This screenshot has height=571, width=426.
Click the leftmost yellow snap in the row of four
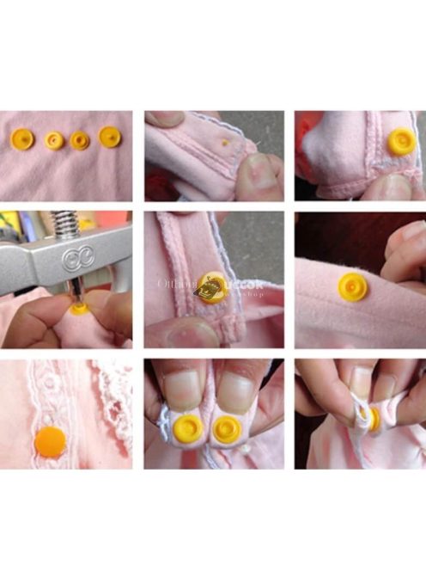(x=22, y=138)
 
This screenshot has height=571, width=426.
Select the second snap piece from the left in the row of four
(x=55, y=140)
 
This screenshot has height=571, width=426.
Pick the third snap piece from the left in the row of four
(x=80, y=140)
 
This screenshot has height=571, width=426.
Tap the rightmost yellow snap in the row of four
(x=110, y=137)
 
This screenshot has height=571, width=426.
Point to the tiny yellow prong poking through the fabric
(x=225, y=142)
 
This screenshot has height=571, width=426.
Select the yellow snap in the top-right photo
(x=400, y=141)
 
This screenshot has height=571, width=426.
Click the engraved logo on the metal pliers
(x=72, y=259)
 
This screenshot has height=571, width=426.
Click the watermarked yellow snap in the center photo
(x=210, y=288)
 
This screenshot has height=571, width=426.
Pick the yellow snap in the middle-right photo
(x=352, y=286)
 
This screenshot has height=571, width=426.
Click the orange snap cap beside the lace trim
(x=51, y=443)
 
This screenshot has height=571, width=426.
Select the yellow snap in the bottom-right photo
(x=371, y=418)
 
